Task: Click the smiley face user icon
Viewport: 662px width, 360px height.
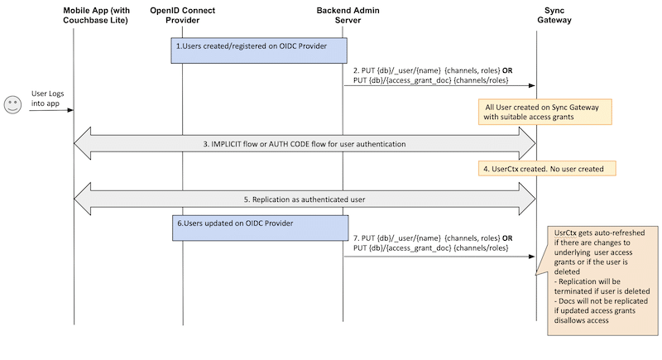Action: [12, 104]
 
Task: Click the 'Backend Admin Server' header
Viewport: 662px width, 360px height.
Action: [344, 15]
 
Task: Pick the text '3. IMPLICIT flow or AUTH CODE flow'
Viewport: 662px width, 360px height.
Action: [305, 144]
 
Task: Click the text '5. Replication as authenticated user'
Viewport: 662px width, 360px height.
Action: [305, 199]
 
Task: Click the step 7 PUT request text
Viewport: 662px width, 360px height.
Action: [430, 242]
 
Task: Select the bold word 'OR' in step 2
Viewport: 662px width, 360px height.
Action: [506, 70]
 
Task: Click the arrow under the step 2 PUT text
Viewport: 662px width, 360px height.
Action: [439, 86]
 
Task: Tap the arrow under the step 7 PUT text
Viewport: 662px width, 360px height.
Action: [439, 256]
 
